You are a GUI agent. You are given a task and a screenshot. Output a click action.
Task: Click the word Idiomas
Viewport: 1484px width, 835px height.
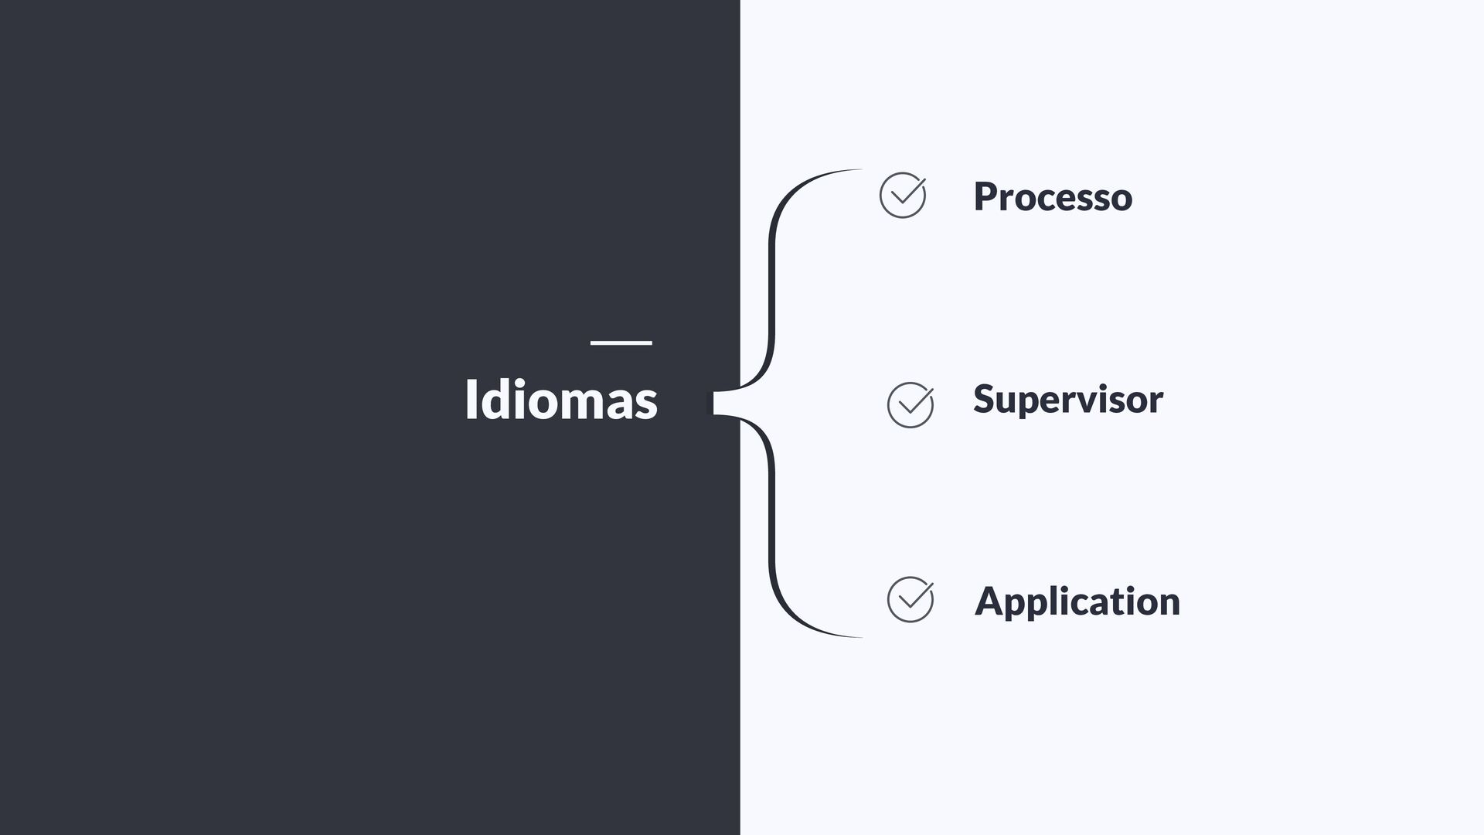[560, 400]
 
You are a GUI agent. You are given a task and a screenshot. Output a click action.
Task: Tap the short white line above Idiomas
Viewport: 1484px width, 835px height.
[621, 343]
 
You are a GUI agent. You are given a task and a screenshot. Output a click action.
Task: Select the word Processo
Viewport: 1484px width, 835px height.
[1053, 197]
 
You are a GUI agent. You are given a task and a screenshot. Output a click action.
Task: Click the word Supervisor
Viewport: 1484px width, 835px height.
[1067, 400]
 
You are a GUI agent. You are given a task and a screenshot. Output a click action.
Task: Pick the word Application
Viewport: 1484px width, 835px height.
[1077, 602]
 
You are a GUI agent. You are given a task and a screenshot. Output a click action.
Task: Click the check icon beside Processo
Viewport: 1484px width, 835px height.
[903, 196]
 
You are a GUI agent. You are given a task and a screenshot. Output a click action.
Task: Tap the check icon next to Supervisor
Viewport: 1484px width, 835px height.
[910, 405]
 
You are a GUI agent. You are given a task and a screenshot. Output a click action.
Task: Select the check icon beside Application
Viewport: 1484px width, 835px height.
[910, 599]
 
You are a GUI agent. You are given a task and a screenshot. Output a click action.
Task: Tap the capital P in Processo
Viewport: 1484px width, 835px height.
[985, 196]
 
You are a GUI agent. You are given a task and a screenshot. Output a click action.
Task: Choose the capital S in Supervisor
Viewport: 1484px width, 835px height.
[984, 400]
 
